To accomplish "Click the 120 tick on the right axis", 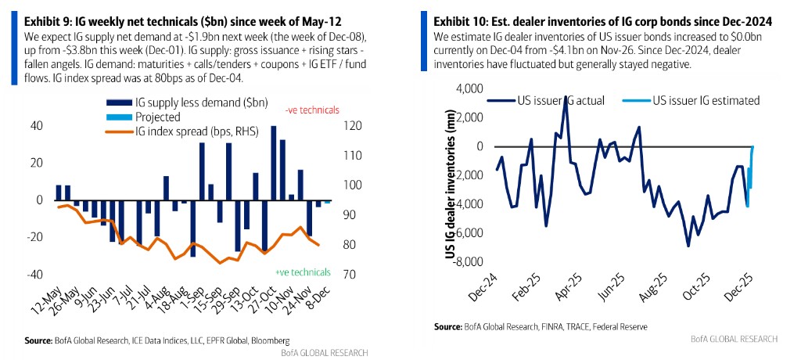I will [x=352, y=126].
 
